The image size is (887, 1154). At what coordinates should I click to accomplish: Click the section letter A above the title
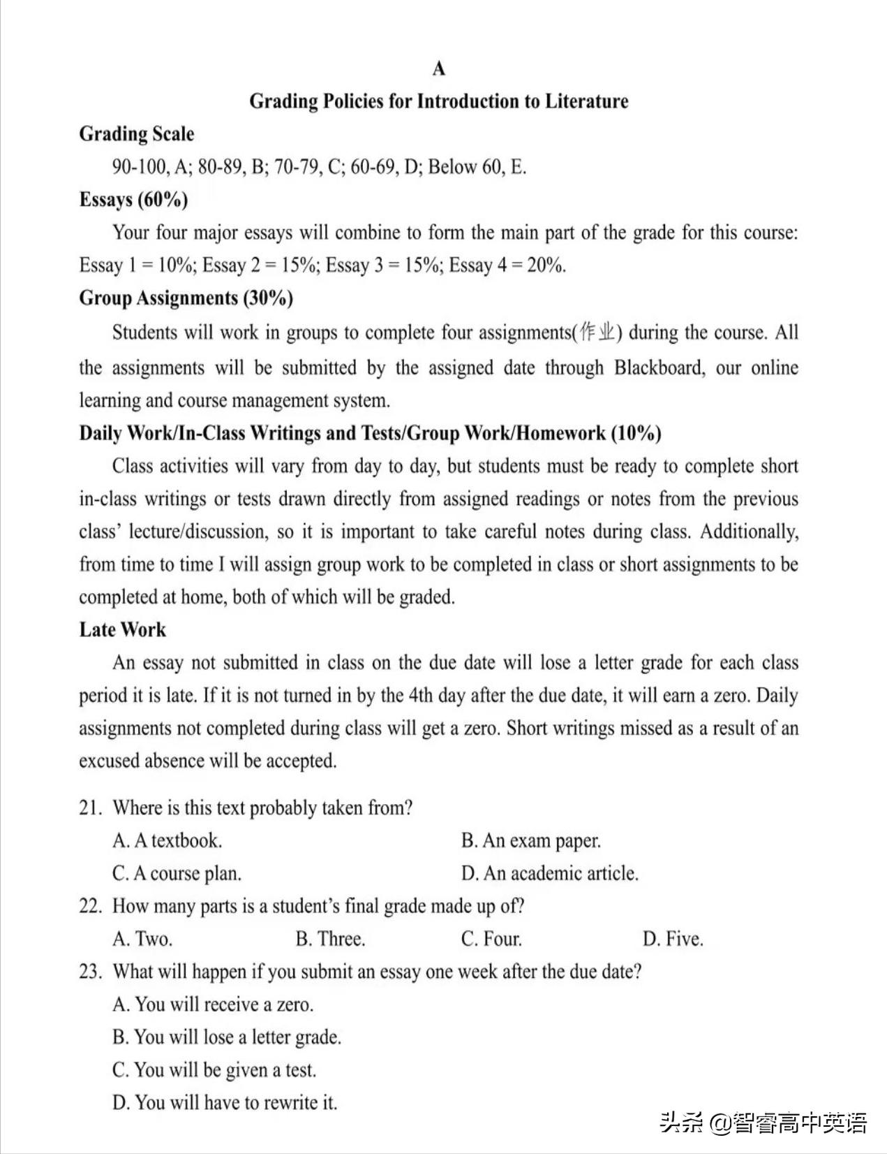438,68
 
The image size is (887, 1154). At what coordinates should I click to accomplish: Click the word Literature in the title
586,101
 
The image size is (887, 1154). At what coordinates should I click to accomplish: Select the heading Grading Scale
137,133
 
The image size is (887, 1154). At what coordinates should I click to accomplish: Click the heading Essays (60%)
133,200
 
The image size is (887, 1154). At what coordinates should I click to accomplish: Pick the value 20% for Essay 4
546,265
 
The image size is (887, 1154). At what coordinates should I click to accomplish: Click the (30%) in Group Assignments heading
268,298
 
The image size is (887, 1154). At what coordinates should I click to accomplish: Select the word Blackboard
659,367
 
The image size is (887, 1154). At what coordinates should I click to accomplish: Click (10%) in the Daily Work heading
636,433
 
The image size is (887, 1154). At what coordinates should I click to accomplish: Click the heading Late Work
122,629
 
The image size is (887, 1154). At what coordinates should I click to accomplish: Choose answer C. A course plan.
177,874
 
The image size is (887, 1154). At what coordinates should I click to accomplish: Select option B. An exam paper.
530,841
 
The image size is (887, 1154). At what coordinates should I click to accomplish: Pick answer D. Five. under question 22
673,939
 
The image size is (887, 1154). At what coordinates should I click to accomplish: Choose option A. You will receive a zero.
213,1005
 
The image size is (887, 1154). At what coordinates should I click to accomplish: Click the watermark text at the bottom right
763,1123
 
